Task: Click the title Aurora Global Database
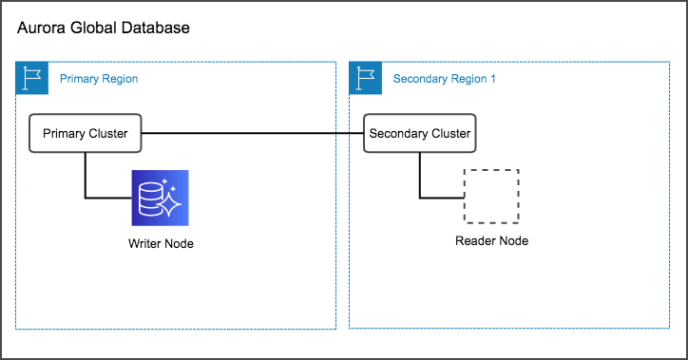(104, 28)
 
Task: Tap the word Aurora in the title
(42, 28)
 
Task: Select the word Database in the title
(156, 28)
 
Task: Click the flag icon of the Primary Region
(31, 77)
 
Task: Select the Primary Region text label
(99, 79)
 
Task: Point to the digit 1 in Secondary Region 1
(492, 79)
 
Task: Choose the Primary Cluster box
(86, 134)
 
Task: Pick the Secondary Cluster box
(419, 134)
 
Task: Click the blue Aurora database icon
(161, 198)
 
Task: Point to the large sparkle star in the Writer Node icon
(172, 203)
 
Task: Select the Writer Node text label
(161, 244)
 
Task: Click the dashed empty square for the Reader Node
(491, 198)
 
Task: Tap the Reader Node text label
(491, 240)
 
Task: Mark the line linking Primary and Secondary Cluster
(253, 134)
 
